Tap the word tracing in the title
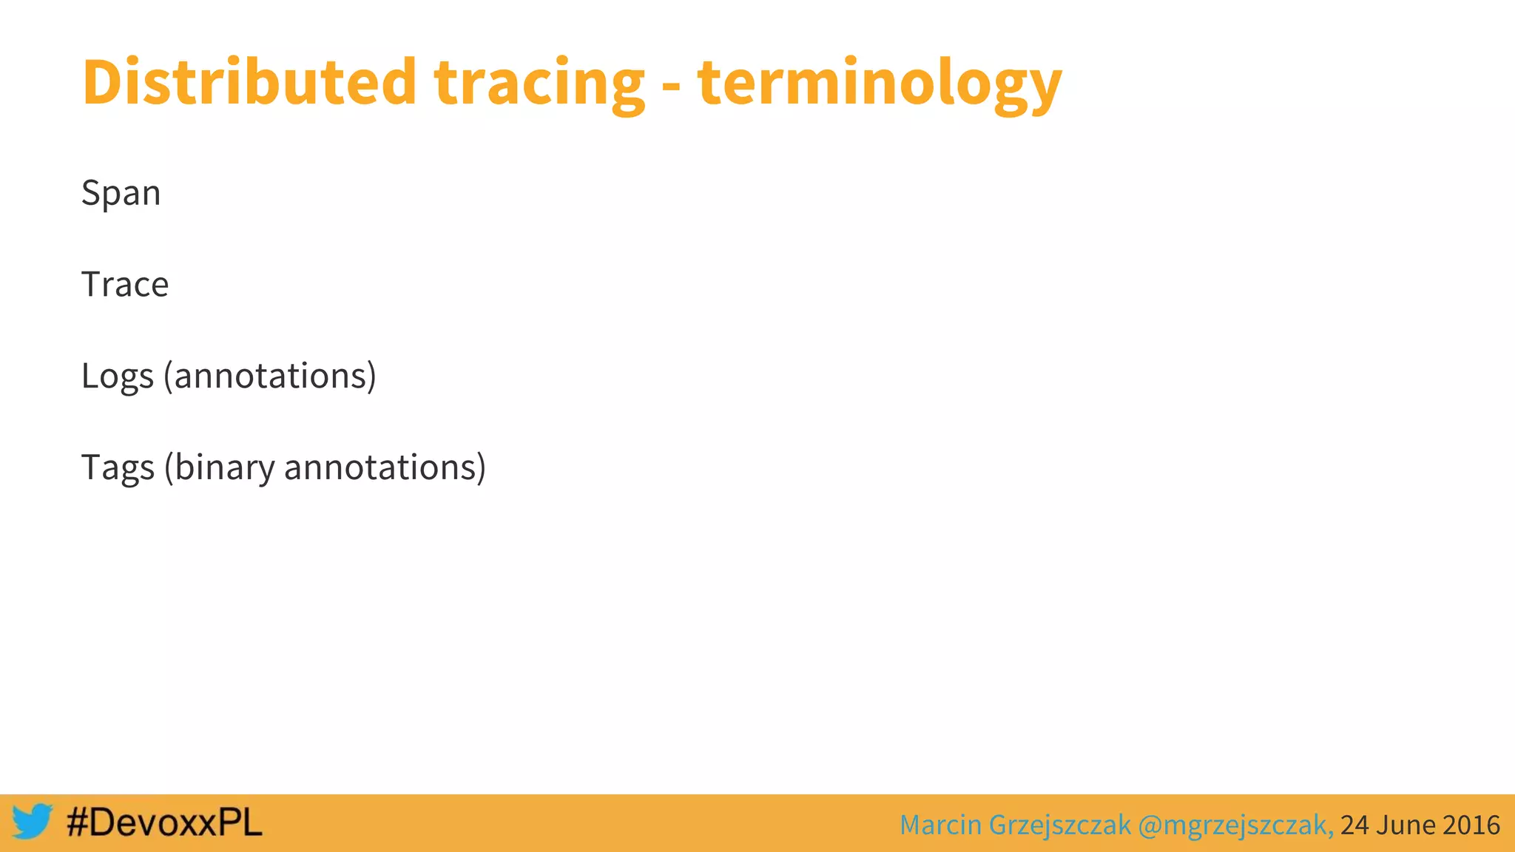click(x=539, y=85)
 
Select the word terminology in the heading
click(x=879, y=85)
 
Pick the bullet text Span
click(x=121, y=194)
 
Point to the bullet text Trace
click(x=125, y=285)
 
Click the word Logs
click(x=117, y=377)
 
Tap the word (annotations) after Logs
click(x=270, y=376)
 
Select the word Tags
click(x=118, y=469)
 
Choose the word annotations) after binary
click(x=385, y=468)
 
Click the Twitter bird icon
click(x=32, y=822)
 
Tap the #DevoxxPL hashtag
click(x=164, y=822)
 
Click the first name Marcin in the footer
click(x=940, y=825)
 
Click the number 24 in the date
click(x=1354, y=825)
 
